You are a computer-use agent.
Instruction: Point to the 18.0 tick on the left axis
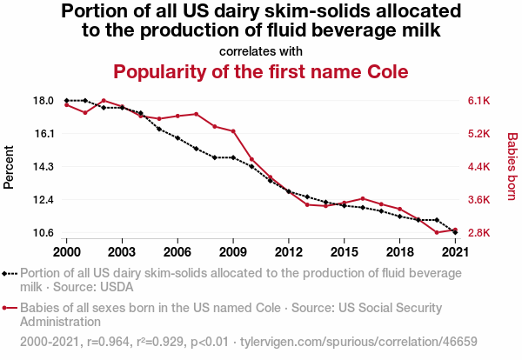pos(43,101)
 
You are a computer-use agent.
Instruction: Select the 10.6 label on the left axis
pos(43,233)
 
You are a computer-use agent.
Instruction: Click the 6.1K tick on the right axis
pos(480,101)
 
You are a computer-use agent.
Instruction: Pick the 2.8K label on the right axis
pos(480,233)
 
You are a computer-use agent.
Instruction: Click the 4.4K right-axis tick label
pos(480,167)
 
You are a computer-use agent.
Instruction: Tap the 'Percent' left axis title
pos(10,167)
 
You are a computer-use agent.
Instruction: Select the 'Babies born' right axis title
pos(512,167)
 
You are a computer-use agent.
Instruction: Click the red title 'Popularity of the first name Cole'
pos(261,70)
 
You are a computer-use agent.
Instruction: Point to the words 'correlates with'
pos(261,50)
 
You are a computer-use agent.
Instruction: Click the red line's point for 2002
pos(104,101)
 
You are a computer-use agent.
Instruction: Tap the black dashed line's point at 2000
pos(67,101)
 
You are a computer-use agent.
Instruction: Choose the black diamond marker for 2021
pos(455,232)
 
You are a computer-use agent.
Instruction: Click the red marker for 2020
pos(437,232)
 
